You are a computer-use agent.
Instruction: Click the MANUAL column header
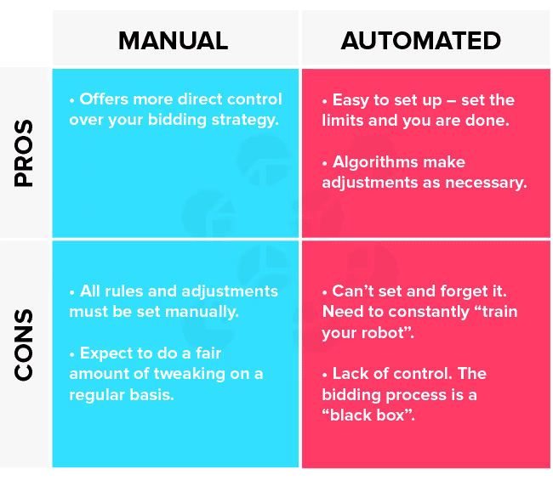(174, 41)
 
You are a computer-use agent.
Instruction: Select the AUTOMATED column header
(421, 41)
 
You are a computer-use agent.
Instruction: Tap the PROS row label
(24, 153)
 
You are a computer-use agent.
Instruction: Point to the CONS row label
(24, 345)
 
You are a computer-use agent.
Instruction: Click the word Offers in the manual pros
(104, 99)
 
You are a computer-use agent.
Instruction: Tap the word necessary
(486, 184)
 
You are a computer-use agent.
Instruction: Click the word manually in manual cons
(202, 312)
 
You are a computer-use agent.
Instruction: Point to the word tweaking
(190, 374)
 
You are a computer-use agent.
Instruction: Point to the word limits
(343, 121)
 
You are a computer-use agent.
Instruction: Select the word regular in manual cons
(97, 395)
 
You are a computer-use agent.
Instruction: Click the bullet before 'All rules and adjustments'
(72, 292)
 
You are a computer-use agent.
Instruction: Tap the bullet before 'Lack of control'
(325, 376)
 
